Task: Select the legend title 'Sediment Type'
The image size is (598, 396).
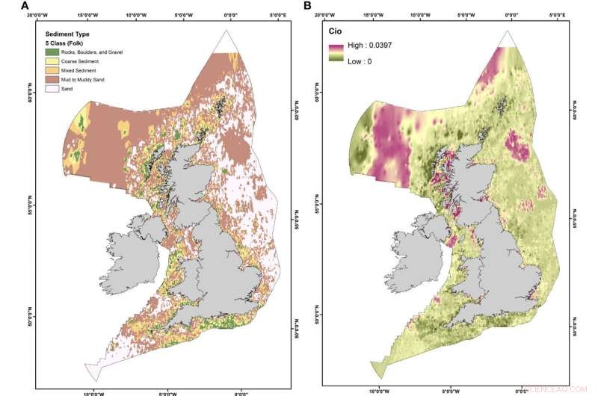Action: click(x=68, y=34)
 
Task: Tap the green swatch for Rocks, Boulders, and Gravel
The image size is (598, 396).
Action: click(x=51, y=52)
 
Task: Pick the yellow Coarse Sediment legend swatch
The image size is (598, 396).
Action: click(x=51, y=61)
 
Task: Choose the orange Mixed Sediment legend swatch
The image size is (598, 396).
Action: click(x=51, y=69)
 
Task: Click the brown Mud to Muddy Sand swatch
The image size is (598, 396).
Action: click(x=51, y=78)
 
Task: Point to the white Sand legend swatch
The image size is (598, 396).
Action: click(x=51, y=87)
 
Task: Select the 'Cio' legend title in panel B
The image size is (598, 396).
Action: click(x=340, y=33)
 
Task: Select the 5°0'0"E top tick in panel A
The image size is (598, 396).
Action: click(x=279, y=14)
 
